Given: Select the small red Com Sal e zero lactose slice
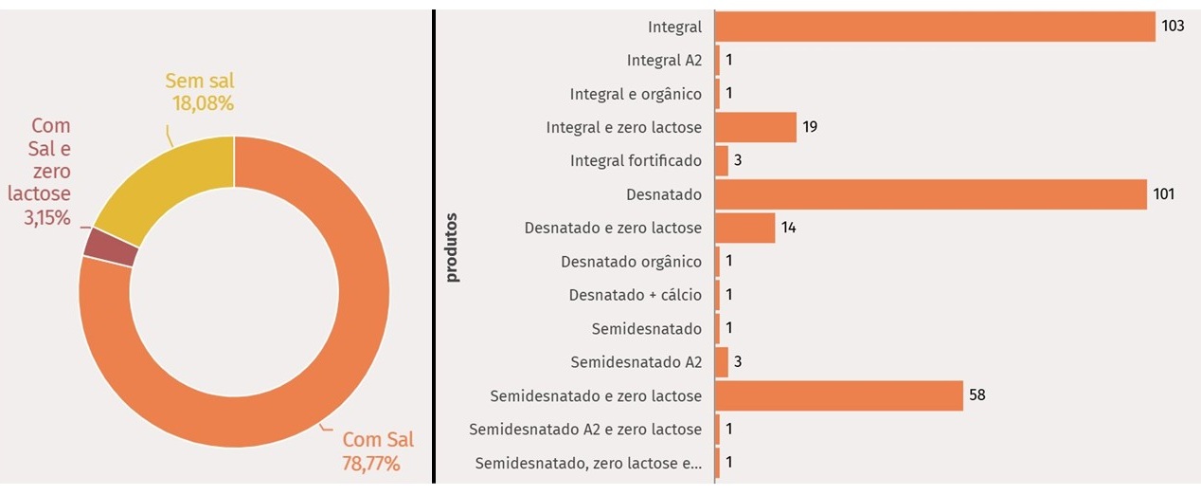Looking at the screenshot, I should [111, 247].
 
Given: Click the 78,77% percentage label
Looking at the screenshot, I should [370, 464].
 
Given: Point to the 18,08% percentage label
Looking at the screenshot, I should [203, 102].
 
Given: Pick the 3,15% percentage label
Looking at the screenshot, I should [39, 218].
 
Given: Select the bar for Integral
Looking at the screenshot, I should [935, 27].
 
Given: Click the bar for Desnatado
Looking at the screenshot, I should [930, 194].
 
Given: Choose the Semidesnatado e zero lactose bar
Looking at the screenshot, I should [838, 395].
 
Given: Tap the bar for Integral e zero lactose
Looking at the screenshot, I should [755, 127].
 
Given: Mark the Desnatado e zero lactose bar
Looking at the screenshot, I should [744, 228].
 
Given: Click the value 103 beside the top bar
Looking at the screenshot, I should [1173, 27].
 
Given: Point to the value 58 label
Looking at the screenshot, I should [977, 394].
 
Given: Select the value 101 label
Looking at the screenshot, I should [1163, 194].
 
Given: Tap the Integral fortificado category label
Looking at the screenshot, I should [636, 161].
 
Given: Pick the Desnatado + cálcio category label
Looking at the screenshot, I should [636, 295].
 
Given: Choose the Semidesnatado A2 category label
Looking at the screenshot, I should [636, 362].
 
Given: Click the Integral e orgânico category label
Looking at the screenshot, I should [636, 94].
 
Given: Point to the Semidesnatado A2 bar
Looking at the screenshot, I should [721, 362].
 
